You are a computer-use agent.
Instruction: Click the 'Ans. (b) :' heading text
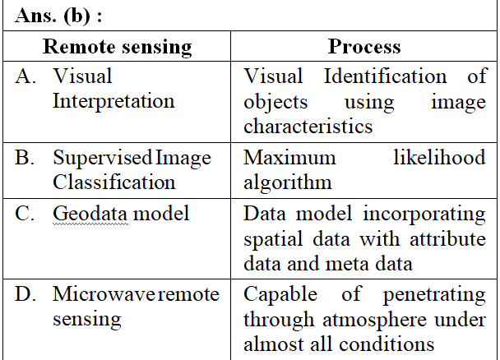pyautogui.click(x=58, y=16)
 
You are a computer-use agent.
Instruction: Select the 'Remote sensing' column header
pyautogui.click(x=117, y=47)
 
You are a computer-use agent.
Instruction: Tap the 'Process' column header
pyautogui.click(x=364, y=47)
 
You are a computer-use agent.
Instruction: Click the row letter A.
pyautogui.click(x=25, y=76)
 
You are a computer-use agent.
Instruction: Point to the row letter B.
pyautogui.click(x=24, y=157)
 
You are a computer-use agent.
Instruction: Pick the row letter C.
pyautogui.click(x=24, y=213)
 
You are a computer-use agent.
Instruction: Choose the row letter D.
pyautogui.click(x=25, y=293)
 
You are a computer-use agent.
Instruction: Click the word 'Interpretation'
pyautogui.click(x=113, y=102)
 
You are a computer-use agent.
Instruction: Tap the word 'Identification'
pyautogui.click(x=385, y=76)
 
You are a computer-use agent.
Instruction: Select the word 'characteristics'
pyautogui.click(x=308, y=126)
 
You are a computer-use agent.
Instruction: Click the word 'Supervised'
pyautogui.click(x=102, y=158)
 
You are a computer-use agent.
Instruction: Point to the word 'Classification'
pyautogui.click(x=113, y=182)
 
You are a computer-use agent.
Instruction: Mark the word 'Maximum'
pyautogui.click(x=289, y=158)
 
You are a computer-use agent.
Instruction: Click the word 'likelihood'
pyautogui.click(x=439, y=157)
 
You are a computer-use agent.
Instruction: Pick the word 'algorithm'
pyautogui.click(x=288, y=182)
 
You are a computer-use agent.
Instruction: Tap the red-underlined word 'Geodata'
pyautogui.click(x=90, y=214)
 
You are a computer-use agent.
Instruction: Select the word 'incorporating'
pyautogui.click(x=424, y=214)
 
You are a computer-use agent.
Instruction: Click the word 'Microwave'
pyautogui.click(x=104, y=293)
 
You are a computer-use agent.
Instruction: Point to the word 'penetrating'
pyautogui.click(x=434, y=295)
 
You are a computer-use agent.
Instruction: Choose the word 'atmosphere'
pyautogui.click(x=374, y=321)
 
